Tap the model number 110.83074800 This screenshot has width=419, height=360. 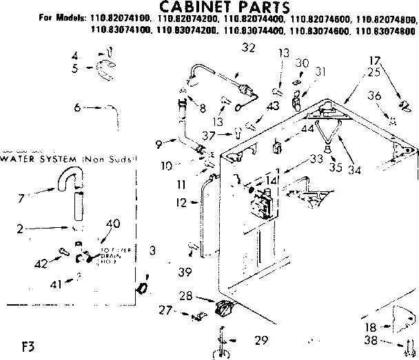coord(389,30)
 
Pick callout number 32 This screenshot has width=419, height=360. coord(229,47)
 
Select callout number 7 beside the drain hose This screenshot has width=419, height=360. coord(23,198)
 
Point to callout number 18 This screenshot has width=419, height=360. coord(370,327)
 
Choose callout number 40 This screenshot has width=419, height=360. coord(113,222)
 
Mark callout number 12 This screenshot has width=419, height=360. coord(180,203)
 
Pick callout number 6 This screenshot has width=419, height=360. coord(78,107)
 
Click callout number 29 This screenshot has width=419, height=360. coord(260,340)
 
